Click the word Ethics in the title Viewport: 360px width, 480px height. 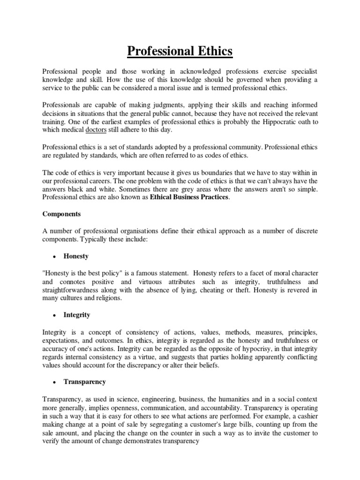(210, 50)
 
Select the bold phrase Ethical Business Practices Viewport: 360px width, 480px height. (190, 197)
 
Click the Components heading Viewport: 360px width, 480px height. (62, 213)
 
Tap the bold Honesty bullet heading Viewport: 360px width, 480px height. (76, 256)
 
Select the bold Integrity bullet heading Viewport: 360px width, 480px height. (77, 315)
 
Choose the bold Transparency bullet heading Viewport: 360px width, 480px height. (85, 382)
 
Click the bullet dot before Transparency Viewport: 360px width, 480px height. (54, 382)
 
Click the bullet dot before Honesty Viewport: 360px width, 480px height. (54, 257)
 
